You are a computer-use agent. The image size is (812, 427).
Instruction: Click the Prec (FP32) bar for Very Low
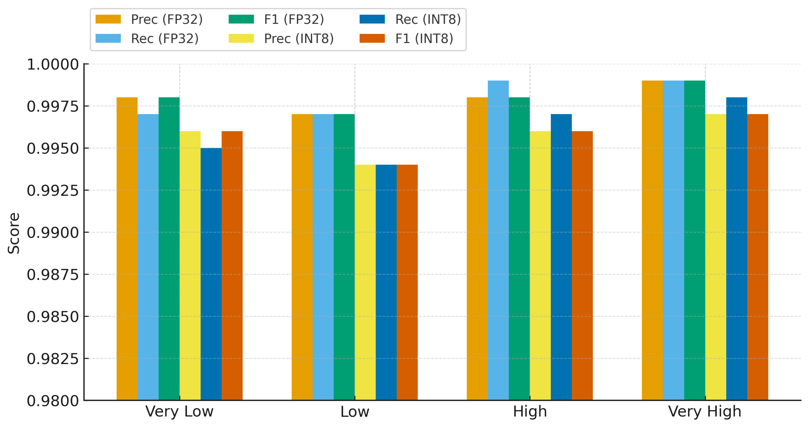click(127, 249)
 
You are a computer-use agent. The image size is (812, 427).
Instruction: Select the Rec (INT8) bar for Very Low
click(211, 274)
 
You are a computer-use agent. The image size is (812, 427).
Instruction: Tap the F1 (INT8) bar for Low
click(407, 282)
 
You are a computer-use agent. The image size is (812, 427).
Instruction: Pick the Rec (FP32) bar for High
click(498, 240)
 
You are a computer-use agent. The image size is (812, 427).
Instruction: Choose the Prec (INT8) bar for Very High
click(716, 257)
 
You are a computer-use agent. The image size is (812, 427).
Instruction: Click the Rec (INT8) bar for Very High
click(737, 249)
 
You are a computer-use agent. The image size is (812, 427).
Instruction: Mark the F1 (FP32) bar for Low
click(344, 257)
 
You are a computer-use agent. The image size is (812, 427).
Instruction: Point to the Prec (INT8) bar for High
click(540, 266)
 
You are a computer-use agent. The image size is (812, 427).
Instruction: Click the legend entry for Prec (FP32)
click(149, 19)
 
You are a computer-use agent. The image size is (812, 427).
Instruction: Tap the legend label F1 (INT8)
click(424, 38)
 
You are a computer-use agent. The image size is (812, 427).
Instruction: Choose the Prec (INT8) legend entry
click(281, 38)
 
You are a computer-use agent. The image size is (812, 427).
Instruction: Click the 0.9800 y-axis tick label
click(53, 401)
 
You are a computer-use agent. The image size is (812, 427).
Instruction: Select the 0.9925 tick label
click(53, 191)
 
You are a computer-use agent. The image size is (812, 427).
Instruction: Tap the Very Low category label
click(179, 412)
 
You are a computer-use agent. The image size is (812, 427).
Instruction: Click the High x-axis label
click(530, 412)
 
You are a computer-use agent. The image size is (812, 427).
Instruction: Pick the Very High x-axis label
click(705, 412)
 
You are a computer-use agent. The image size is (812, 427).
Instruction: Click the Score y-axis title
click(14, 233)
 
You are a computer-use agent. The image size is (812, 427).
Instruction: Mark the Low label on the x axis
click(355, 412)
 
